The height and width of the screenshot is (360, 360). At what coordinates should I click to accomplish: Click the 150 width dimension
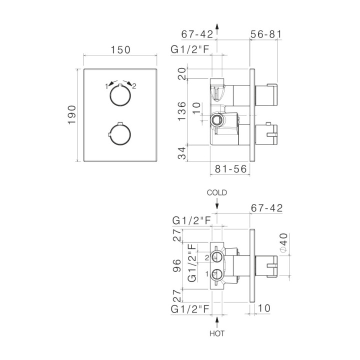coord(120,50)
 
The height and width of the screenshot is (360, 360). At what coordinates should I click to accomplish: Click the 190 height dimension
coord(72,115)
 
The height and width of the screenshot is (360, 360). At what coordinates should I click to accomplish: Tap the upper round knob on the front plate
coord(120,95)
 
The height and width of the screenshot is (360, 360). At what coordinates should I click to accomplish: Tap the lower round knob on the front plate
coord(120,134)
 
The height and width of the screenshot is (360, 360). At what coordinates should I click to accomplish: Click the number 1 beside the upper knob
coord(106,86)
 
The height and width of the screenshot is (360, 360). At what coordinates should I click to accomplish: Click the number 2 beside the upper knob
coord(134,86)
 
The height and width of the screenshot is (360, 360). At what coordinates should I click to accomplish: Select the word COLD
coord(216,192)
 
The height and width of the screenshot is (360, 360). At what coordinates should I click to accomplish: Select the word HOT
coord(217,333)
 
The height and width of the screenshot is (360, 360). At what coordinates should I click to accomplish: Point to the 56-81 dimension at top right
coord(266,34)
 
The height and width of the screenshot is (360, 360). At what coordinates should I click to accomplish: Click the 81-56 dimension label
coord(230,169)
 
